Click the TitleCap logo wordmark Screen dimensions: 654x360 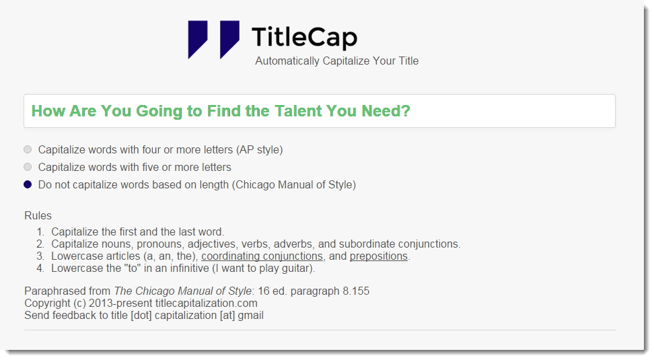coord(304,37)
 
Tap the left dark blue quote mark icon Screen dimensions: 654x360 coord(198,40)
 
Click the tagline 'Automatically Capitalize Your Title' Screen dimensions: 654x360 coord(336,61)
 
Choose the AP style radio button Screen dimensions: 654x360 coord(28,149)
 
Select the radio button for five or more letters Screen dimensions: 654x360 coord(28,167)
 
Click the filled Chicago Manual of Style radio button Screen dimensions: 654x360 coord(28,184)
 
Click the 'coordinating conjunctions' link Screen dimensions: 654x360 coord(262,256)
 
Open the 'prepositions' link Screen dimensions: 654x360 coord(379,256)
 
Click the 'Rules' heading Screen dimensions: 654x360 coord(38,216)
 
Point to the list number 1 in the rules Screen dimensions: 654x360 coord(40,232)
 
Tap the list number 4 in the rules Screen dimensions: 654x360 coord(40,268)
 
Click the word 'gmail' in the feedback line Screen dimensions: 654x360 coord(250,316)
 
